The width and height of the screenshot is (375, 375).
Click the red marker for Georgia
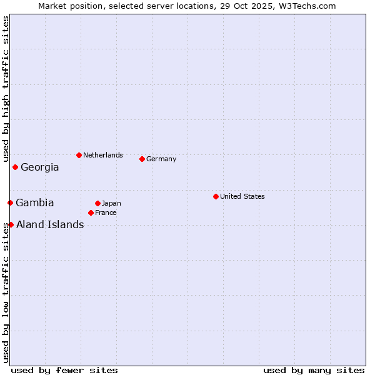[x=15, y=167]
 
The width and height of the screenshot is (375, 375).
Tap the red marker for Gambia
[x=10, y=202]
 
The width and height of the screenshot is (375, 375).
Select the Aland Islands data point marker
[x=11, y=224]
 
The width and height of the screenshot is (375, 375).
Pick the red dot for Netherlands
[x=79, y=155]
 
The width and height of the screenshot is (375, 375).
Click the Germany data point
[x=142, y=159]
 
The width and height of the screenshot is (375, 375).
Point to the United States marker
[x=216, y=196]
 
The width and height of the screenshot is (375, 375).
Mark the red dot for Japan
[x=97, y=203]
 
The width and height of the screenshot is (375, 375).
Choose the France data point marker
[x=91, y=212]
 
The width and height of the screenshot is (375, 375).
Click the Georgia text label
[x=40, y=167]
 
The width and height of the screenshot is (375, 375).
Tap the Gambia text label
[x=35, y=203]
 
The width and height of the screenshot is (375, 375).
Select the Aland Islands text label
[x=50, y=225]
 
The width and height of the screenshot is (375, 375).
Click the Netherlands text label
[x=103, y=155]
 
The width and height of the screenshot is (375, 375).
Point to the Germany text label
[x=161, y=159]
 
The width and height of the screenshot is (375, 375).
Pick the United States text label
[x=242, y=196]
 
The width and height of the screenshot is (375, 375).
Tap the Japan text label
[x=111, y=203]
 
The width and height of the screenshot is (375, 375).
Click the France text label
[x=106, y=212]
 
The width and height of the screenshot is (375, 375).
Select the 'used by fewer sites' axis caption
[x=64, y=370]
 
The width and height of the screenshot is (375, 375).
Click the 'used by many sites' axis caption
[x=314, y=370]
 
